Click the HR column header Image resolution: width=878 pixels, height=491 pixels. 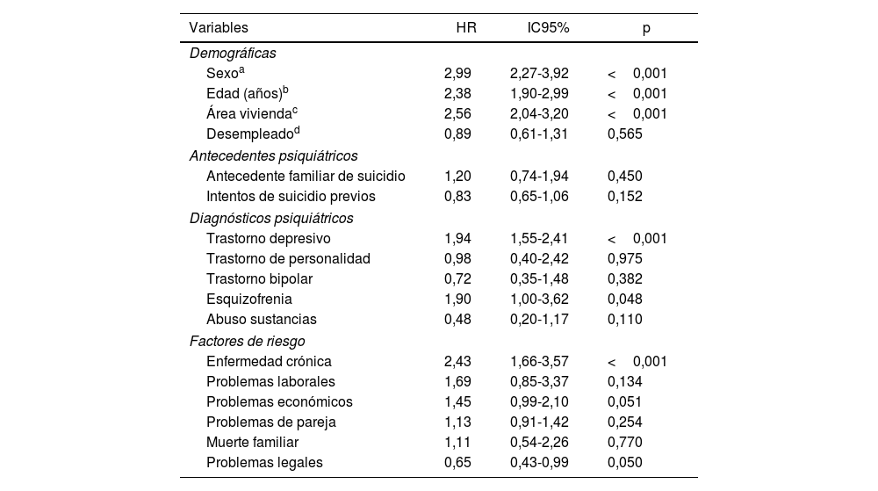[x=466, y=28]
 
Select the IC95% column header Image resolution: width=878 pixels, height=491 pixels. [x=548, y=28]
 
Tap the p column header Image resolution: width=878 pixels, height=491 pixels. [x=646, y=28]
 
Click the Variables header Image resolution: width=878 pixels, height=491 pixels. [x=219, y=28]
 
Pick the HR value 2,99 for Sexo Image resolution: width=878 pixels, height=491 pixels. [x=457, y=74]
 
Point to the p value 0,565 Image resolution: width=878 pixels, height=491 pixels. [x=625, y=134]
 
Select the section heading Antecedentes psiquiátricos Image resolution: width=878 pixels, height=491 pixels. [x=273, y=156]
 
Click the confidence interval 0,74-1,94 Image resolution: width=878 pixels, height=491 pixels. [x=539, y=177]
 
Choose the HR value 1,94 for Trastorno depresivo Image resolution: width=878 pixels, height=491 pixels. [x=457, y=239]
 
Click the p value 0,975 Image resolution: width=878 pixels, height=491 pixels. [x=625, y=259]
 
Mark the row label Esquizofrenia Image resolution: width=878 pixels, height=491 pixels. [x=249, y=300]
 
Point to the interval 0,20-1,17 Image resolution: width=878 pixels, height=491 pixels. [x=539, y=320]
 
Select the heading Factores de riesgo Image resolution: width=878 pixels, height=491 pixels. [x=248, y=341]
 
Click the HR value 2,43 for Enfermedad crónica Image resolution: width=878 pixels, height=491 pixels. [x=457, y=362]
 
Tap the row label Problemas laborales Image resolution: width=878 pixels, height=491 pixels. [x=270, y=382]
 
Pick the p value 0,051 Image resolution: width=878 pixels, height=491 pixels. [x=625, y=402]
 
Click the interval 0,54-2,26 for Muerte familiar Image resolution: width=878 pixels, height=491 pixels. [x=539, y=443]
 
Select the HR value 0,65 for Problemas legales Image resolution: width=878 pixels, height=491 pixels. [x=457, y=463]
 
